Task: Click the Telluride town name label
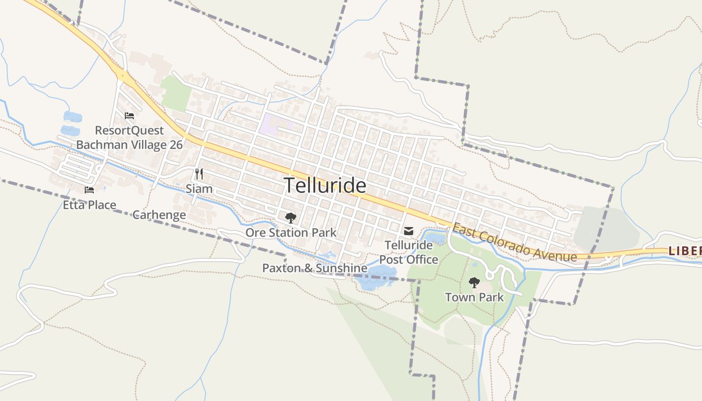tap(325, 186)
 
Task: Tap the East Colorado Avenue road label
tap(514, 243)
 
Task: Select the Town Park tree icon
tap(474, 283)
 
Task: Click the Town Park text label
tap(474, 297)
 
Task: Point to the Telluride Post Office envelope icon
tap(409, 231)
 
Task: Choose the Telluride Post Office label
tap(409, 252)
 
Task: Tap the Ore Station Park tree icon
tap(290, 218)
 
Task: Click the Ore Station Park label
tap(291, 233)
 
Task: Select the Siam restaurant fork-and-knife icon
tap(199, 174)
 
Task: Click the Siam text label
tap(199, 189)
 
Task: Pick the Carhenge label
tap(159, 215)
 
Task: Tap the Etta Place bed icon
tap(89, 190)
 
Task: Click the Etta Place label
tap(89, 205)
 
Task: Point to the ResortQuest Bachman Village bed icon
tap(129, 116)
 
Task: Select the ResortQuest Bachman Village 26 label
tap(129, 138)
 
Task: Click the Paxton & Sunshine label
tap(314, 268)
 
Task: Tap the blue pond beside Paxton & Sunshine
tap(373, 279)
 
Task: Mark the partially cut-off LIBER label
tap(685, 250)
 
